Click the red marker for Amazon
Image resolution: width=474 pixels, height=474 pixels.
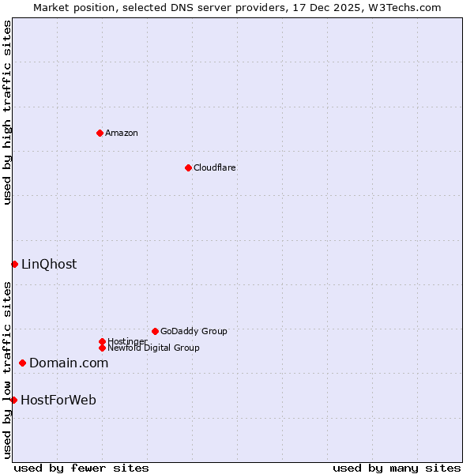click(x=100, y=133)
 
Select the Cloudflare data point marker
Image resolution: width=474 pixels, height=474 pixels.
click(x=188, y=167)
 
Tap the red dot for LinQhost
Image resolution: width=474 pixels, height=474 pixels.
click(x=14, y=264)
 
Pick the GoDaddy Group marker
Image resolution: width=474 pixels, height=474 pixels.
click(x=155, y=331)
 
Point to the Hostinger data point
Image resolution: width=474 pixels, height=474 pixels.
click(x=102, y=341)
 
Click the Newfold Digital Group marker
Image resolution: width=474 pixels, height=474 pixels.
click(x=102, y=348)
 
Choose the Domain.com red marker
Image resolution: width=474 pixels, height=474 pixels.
click(x=22, y=363)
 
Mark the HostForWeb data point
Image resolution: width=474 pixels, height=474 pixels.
click(x=13, y=400)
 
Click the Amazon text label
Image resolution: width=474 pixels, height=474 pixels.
click(x=121, y=133)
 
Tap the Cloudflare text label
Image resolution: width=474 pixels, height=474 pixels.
click(x=214, y=167)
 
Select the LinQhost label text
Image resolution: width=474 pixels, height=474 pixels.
click(x=49, y=264)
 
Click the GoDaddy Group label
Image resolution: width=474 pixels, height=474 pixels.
click(x=194, y=331)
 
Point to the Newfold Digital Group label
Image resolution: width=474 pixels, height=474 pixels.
click(x=153, y=348)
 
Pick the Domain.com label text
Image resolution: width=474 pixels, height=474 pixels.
click(x=69, y=363)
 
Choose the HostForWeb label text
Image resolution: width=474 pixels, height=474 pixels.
click(x=58, y=400)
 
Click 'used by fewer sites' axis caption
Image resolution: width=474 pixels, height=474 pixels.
click(x=81, y=468)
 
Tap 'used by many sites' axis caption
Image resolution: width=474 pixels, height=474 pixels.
click(x=397, y=468)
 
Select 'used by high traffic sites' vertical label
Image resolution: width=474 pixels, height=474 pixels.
click(x=7, y=112)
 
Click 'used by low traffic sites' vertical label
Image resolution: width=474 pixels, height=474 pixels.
click(x=7, y=370)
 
